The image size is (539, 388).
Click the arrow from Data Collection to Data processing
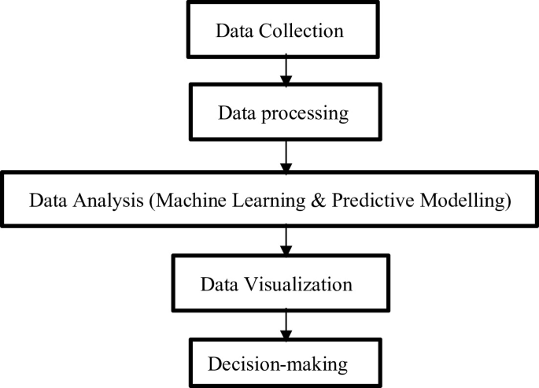(x=286, y=72)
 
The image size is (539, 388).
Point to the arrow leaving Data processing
(x=286, y=157)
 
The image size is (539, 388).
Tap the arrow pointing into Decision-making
(x=286, y=323)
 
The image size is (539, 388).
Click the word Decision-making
(x=277, y=364)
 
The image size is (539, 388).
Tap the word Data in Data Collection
(x=234, y=32)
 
